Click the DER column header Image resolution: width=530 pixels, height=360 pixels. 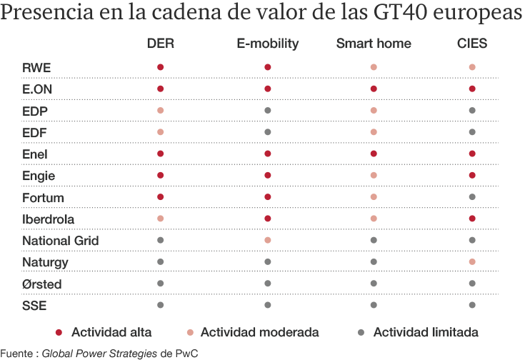[x=160, y=44]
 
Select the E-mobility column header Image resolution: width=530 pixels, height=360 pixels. [x=267, y=44]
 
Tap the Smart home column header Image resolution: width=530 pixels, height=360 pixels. [x=374, y=44]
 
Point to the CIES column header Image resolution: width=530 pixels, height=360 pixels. [x=472, y=44]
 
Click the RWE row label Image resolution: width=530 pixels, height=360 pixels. [x=36, y=68]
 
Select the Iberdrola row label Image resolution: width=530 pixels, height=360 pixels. [x=48, y=219]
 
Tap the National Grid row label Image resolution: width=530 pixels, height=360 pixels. [x=60, y=241]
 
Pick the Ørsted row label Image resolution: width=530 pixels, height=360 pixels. [x=42, y=284]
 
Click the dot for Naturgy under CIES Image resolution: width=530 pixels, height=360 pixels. [x=472, y=262]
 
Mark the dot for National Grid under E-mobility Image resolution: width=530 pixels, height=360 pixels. [x=267, y=241]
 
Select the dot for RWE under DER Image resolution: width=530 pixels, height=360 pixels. [x=160, y=68]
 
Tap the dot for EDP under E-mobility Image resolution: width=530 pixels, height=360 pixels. [x=267, y=111]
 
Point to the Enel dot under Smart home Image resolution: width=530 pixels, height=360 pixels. [x=374, y=154]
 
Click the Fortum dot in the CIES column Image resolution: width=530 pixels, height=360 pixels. [x=472, y=197]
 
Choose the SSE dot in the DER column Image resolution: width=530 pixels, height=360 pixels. [x=160, y=305]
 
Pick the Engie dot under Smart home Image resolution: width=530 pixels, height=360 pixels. [x=374, y=176]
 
